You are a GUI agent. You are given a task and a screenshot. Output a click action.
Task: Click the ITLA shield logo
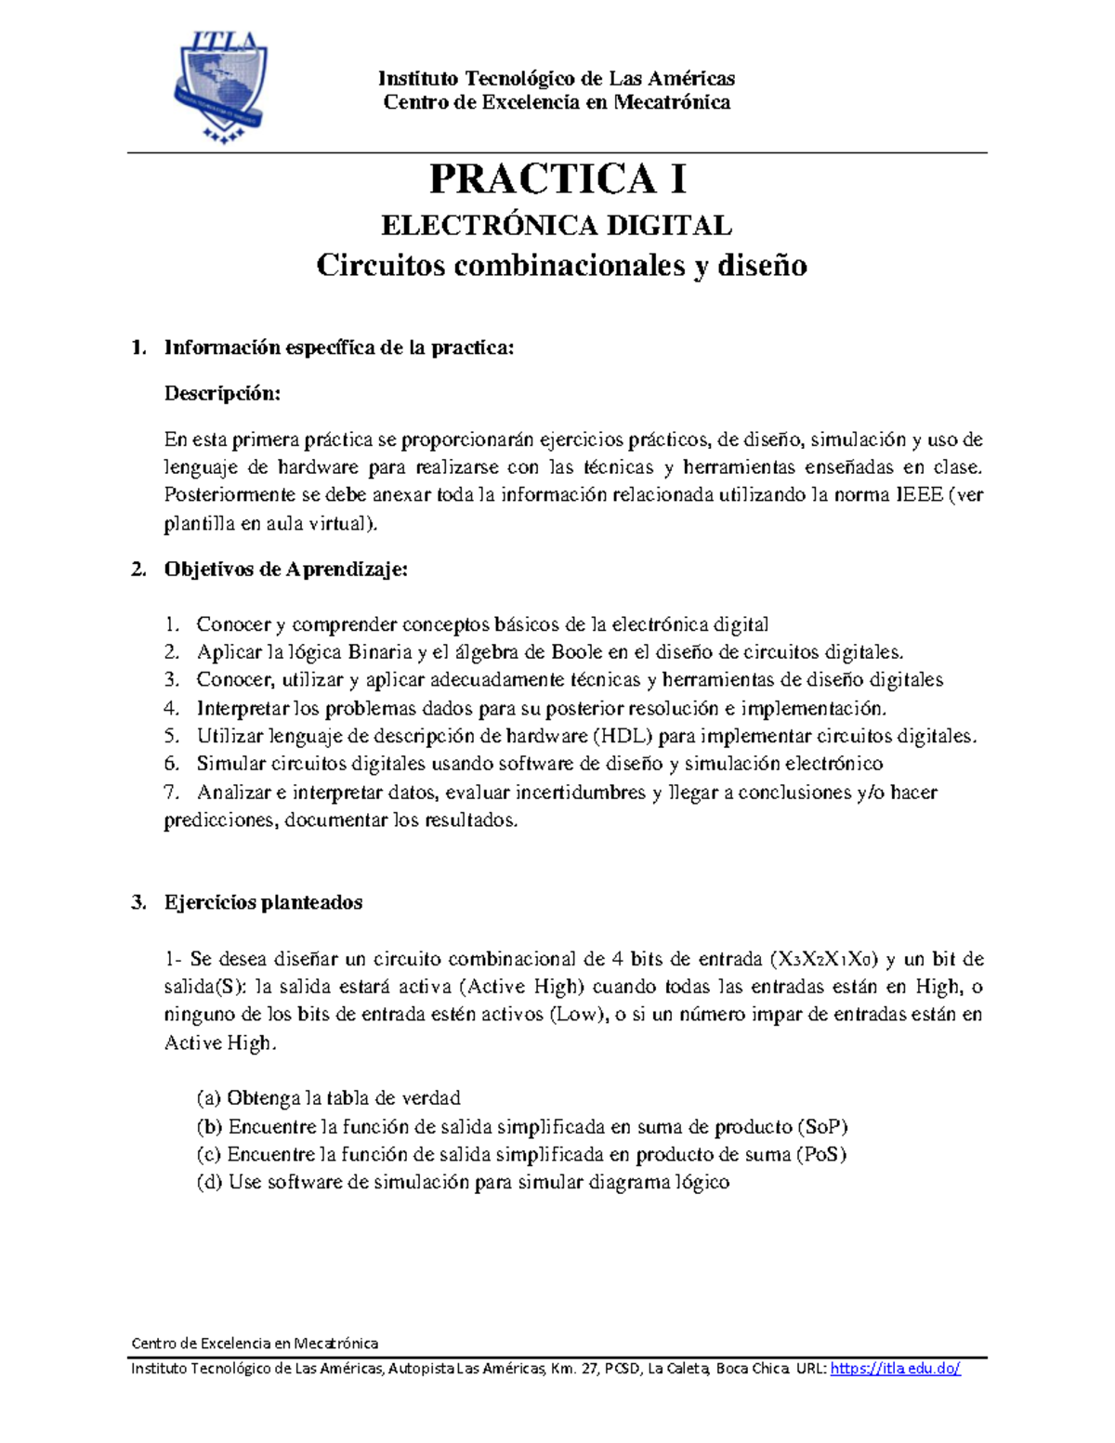220,86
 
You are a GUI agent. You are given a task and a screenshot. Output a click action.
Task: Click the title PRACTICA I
557,178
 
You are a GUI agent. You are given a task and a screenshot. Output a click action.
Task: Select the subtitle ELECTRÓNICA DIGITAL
557,225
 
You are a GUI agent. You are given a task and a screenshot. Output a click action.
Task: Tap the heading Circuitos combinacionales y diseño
561,266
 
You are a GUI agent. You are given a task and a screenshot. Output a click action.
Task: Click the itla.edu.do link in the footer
895,1369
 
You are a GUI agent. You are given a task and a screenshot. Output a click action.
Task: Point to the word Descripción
222,393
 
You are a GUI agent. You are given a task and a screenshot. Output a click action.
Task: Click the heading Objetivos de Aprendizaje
286,570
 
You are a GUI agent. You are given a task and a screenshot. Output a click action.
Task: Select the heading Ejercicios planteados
263,902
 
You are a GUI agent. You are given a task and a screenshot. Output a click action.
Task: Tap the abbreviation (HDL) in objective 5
623,736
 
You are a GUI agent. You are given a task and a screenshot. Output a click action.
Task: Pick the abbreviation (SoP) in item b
822,1127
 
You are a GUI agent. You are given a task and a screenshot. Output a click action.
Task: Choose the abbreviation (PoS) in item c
820,1155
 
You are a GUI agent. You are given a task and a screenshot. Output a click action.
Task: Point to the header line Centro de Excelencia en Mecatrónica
557,102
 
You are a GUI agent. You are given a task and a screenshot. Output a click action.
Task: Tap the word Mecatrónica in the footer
336,1343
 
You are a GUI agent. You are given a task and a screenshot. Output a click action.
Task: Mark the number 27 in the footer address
590,1369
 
